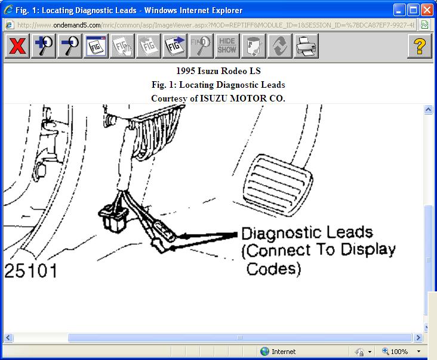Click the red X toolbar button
point(17,46)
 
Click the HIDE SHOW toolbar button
point(227,46)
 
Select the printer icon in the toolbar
point(306,46)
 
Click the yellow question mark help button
point(420,46)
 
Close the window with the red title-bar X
point(427,10)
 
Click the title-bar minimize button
point(399,10)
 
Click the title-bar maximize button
point(413,10)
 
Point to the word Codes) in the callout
point(273,269)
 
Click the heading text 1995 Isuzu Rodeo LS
point(218,71)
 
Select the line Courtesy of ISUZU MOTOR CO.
point(218,98)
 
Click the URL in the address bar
point(215,25)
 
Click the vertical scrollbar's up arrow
point(428,110)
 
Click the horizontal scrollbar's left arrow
point(8,338)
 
